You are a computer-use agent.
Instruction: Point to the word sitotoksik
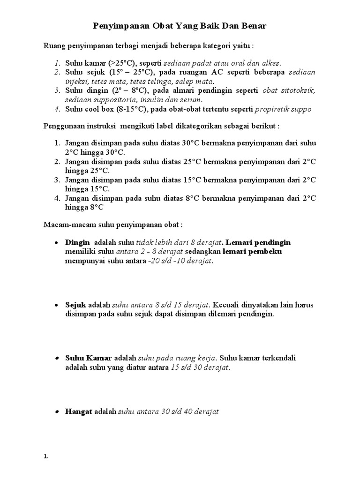coord(298,90)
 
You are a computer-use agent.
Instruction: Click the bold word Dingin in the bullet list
coord(77,242)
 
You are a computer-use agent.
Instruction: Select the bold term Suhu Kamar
coord(89,358)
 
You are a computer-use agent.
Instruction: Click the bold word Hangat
coord(79,412)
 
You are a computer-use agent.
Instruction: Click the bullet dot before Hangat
coord(56,412)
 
